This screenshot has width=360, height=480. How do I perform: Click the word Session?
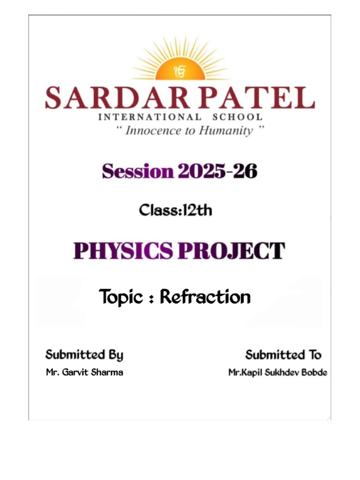tap(137, 172)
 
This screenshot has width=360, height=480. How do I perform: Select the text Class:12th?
tap(175, 210)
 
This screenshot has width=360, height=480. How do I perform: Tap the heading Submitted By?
tap(84, 355)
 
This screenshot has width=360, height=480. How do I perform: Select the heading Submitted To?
tap(284, 354)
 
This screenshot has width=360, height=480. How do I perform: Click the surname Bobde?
tap(314, 373)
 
